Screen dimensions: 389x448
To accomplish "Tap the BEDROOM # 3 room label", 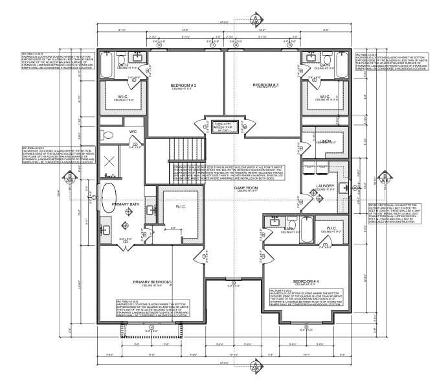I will (265, 85).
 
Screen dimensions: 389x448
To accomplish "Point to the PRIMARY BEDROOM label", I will (151, 281).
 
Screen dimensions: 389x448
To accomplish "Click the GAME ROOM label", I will (246, 187).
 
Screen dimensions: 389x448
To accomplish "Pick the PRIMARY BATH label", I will (126, 204).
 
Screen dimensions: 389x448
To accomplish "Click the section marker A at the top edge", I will (256, 18).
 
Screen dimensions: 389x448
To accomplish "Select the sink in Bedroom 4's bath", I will (274, 222).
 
